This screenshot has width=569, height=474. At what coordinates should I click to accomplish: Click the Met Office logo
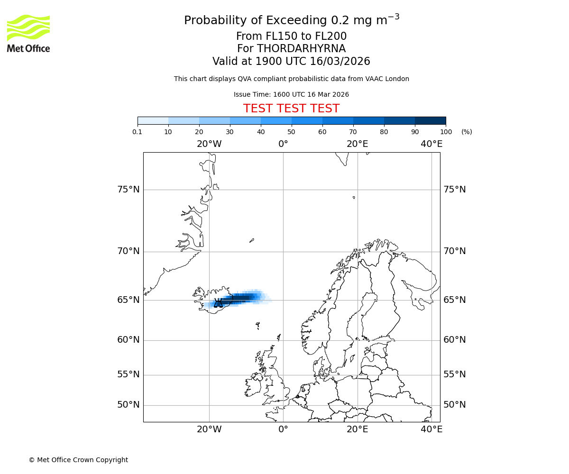click(28, 33)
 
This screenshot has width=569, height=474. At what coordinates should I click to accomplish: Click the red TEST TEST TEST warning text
click(291, 109)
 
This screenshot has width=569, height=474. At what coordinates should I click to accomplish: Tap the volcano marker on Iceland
click(218, 303)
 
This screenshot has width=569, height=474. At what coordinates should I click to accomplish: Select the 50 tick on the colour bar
click(291, 132)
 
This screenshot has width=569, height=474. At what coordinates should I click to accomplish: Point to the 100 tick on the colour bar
click(446, 132)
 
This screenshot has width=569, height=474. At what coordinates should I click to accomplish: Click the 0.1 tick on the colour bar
click(138, 132)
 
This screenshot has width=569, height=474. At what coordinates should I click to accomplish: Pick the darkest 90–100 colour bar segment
click(430, 120)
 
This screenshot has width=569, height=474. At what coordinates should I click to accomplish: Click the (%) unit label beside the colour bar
click(467, 132)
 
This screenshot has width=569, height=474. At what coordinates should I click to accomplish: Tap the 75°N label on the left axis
click(128, 190)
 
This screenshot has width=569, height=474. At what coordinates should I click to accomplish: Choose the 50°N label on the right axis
click(454, 405)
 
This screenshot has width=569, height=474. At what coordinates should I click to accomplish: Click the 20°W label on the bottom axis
click(209, 429)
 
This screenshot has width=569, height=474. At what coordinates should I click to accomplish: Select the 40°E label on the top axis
click(431, 144)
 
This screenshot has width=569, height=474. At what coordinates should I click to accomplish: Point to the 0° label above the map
click(283, 144)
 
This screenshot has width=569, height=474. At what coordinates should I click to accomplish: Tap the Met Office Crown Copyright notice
click(78, 460)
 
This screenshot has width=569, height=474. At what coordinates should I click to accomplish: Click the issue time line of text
click(291, 94)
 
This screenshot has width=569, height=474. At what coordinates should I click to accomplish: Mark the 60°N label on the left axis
click(128, 340)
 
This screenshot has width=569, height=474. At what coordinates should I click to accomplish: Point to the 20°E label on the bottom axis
click(357, 429)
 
